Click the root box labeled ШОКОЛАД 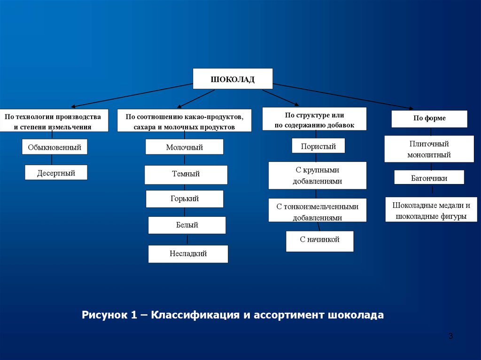233,79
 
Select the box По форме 429,119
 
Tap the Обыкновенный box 54,147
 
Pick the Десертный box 56,173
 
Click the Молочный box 184,147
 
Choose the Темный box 186,175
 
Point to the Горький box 185,199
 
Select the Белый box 187,225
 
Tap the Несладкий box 188,253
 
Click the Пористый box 318,146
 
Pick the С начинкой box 319,241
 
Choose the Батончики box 429,177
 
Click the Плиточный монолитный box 429,149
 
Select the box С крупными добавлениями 318,176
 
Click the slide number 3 450,336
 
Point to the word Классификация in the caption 195,315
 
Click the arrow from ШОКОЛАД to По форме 343,96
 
